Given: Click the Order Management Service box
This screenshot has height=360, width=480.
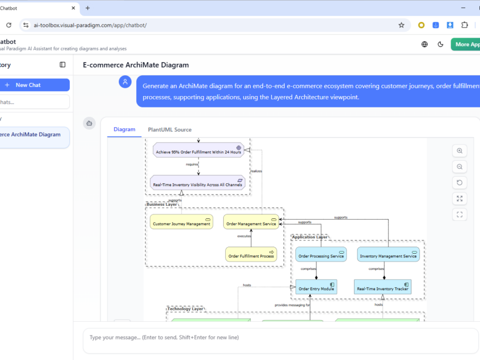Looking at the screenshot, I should (x=251, y=222).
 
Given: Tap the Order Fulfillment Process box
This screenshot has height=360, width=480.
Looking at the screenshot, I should (x=251, y=255).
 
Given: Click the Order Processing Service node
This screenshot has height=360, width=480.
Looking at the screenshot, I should (x=321, y=255).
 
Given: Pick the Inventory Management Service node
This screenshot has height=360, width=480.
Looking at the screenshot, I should (x=388, y=255).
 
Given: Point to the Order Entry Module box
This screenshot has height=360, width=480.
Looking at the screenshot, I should (x=316, y=287).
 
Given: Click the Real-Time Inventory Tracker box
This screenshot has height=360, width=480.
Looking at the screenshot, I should (x=382, y=287).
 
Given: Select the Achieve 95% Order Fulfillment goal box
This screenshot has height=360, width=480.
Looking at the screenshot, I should (x=199, y=151).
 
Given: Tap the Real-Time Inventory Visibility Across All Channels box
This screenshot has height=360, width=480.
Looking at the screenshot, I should (x=197, y=183).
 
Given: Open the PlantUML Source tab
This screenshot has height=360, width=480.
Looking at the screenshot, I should (x=170, y=130).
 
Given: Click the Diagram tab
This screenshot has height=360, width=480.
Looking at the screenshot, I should (x=124, y=130).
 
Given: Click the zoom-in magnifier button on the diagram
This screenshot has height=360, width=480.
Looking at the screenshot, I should (x=459, y=151).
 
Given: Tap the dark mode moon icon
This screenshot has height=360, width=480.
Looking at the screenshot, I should (x=441, y=44).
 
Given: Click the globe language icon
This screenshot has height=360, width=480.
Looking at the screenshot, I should (x=425, y=44).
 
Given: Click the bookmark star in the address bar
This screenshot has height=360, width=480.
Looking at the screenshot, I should (x=401, y=25).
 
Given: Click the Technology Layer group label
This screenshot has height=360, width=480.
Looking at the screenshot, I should (x=185, y=309).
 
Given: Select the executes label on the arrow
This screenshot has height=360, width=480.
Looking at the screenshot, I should (x=244, y=236).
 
